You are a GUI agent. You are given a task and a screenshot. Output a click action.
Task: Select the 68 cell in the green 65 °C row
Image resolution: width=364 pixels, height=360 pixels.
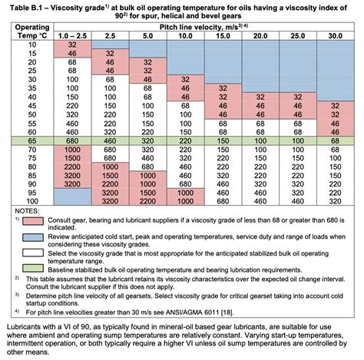click(336, 142)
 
